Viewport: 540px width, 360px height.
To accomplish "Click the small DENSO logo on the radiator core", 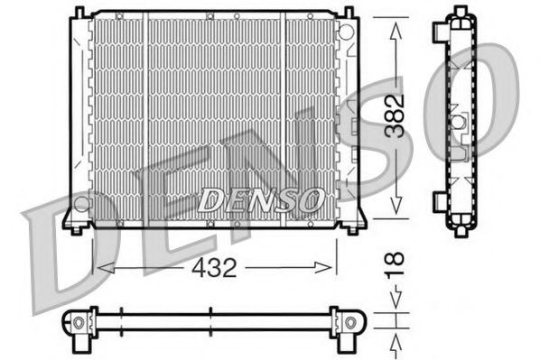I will [258, 198].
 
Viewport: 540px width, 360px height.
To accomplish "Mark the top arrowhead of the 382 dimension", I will [395, 25].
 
